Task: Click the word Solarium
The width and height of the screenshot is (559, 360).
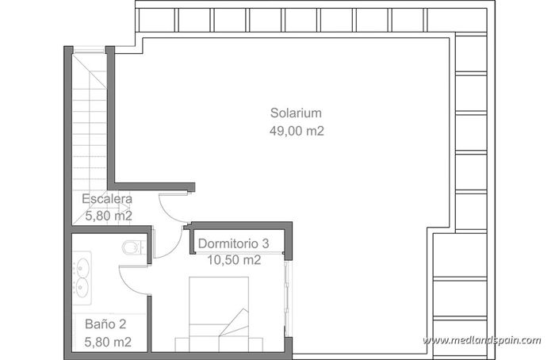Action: coord(296,112)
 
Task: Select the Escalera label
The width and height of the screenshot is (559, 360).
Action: coord(107,199)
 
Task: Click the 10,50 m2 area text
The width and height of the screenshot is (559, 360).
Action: coord(234,259)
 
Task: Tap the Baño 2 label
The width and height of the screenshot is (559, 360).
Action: coord(105,324)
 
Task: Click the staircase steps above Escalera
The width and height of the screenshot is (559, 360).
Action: coord(90,119)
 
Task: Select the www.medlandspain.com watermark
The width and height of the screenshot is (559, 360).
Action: coord(481,340)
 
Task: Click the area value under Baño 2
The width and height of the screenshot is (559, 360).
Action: coord(107,342)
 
